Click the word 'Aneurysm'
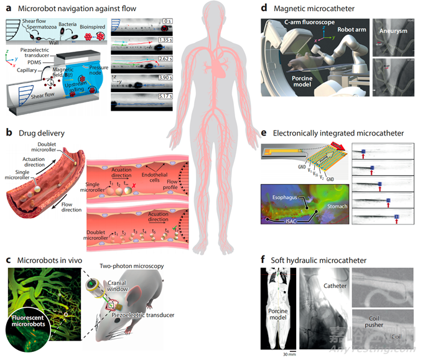point(395,29)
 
